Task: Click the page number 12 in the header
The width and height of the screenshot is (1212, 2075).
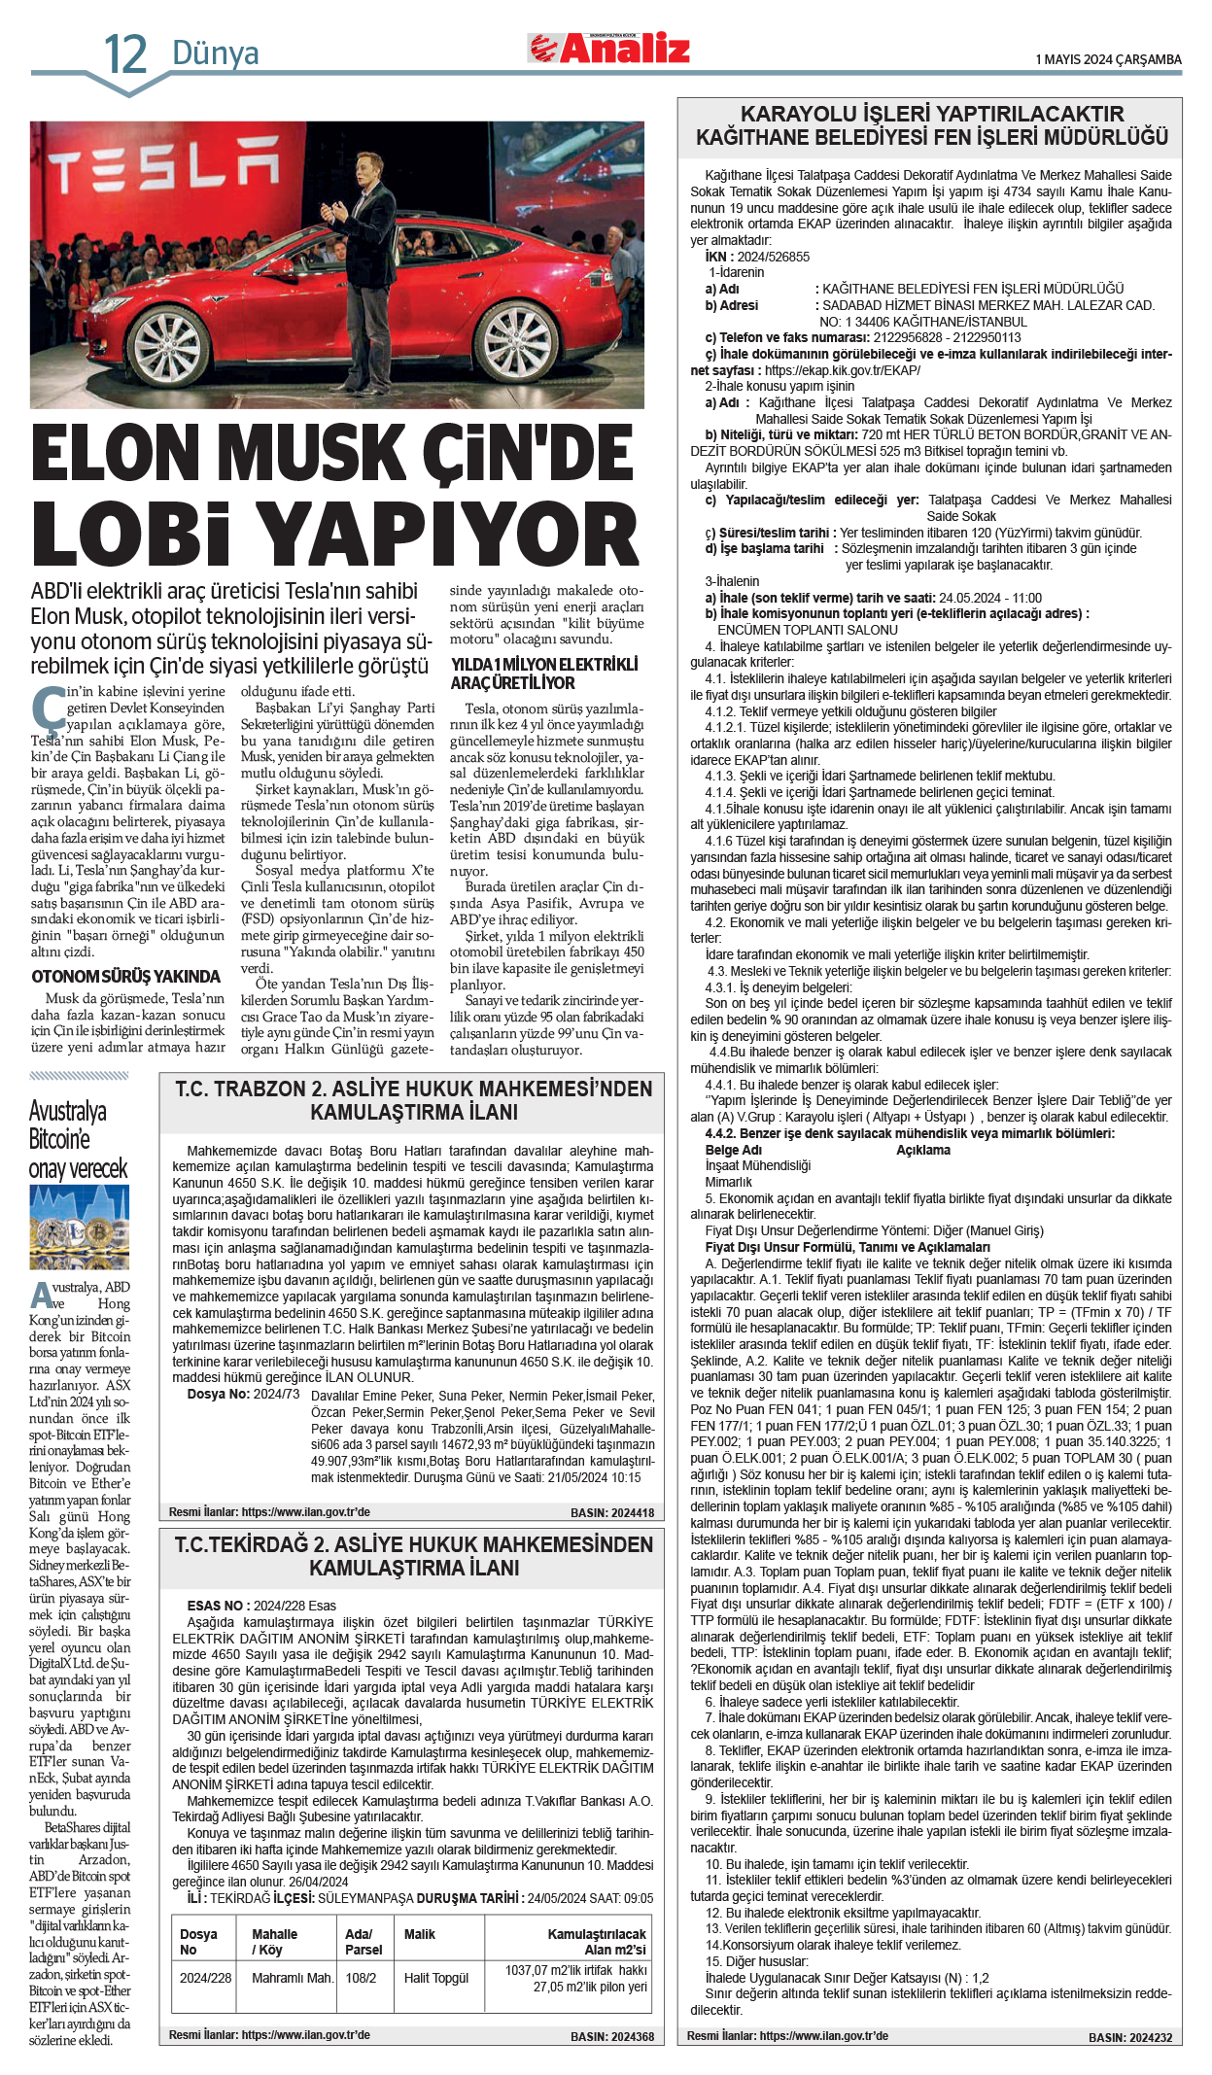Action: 125,53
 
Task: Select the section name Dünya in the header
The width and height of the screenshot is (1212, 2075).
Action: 215,52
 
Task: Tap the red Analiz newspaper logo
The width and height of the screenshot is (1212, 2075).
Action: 609,49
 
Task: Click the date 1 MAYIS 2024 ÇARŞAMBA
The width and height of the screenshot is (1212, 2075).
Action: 1108,59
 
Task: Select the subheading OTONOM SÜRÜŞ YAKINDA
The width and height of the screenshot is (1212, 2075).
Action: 126,977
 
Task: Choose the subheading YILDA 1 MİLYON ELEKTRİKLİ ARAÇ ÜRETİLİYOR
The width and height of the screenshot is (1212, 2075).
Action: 544,674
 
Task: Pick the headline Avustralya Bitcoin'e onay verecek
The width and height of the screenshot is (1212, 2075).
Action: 78,1139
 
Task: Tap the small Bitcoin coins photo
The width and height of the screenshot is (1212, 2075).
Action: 79,1228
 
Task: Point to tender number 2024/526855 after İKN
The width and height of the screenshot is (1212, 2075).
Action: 773,257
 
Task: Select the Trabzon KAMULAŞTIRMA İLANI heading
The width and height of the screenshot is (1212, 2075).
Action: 413,1100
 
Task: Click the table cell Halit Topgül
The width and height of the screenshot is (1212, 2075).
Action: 436,1978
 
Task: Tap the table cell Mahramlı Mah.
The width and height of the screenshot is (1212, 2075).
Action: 292,1978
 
